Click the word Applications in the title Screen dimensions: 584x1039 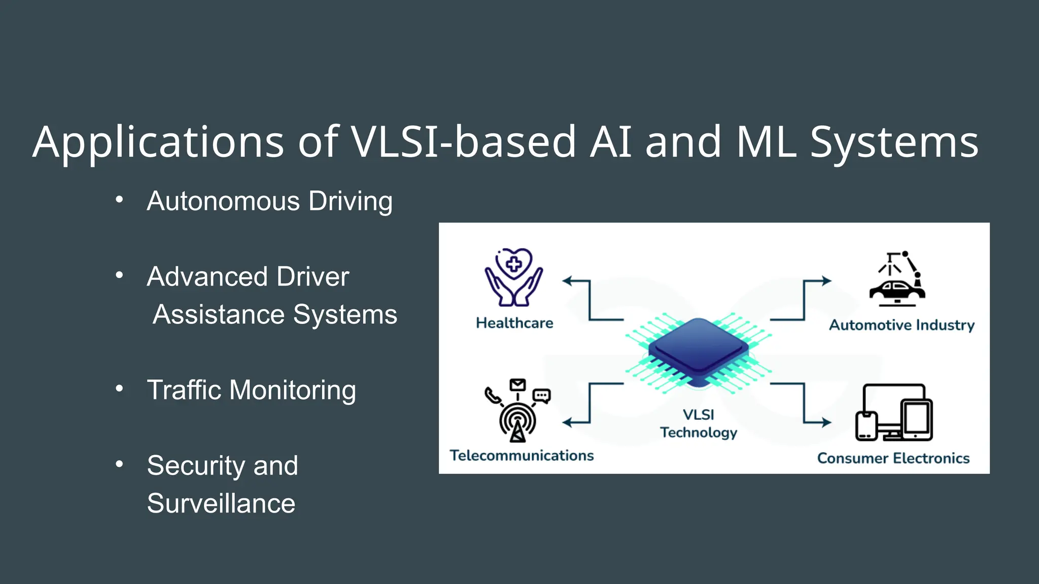click(x=158, y=143)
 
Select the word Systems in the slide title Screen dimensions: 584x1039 click(x=893, y=143)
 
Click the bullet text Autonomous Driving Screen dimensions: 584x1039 click(x=269, y=201)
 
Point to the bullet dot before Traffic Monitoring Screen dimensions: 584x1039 click(x=119, y=389)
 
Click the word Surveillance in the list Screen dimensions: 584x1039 click(x=221, y=503)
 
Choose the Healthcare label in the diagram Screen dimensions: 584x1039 click(x=514, y=323)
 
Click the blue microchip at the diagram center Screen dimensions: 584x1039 click(x=698, y=350)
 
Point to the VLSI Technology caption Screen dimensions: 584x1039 click(x=698, y=424)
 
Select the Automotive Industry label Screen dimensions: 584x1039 click(x=902, y=325)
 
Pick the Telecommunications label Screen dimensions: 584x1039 click(x=522, y=455)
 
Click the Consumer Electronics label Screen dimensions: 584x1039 click(x=893, y=458)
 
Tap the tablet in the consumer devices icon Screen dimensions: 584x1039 click(x=917, y=420)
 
